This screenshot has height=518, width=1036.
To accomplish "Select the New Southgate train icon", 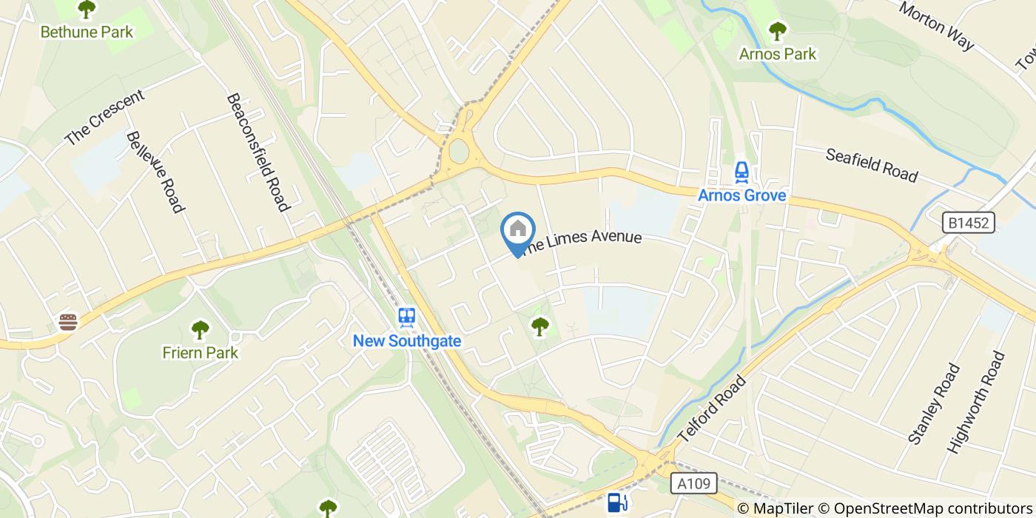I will pos(406,317).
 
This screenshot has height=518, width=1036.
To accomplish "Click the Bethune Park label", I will pos(87,32).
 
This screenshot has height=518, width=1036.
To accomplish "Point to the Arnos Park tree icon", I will pos(777,31).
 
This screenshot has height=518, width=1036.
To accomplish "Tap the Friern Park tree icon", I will pos(200,329).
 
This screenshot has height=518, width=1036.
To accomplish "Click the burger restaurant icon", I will pos(68,322).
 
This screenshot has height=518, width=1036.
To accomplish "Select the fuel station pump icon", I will pos(616,502).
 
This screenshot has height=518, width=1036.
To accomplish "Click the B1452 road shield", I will pos(968,222).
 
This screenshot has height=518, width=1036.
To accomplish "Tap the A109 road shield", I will pos(694,484).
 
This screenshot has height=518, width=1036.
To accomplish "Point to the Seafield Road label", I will pos(871,165).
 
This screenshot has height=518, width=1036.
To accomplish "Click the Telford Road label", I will pos(713,408).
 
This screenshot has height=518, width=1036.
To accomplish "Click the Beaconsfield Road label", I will pos(257,152).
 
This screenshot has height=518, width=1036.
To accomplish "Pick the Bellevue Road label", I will pos(154,172).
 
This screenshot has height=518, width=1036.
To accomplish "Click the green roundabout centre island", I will pos(459,152).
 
